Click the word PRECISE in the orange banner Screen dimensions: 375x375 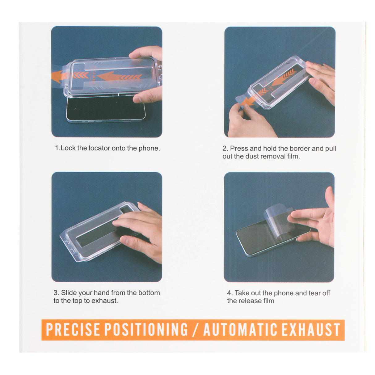[x=73, y=330]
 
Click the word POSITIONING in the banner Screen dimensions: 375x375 [x=146, y=330]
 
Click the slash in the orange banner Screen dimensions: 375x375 [x=195, y=330]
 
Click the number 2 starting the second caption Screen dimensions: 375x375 [x=225, y=149]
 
